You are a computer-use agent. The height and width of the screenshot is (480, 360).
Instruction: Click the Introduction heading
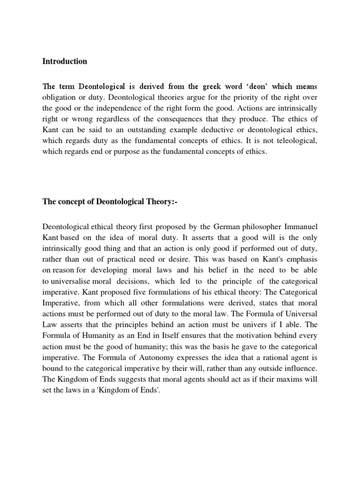pyautogui.click(x=65, y=61)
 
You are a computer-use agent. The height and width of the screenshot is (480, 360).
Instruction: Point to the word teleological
pyautogui.click(x=294, y=140)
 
